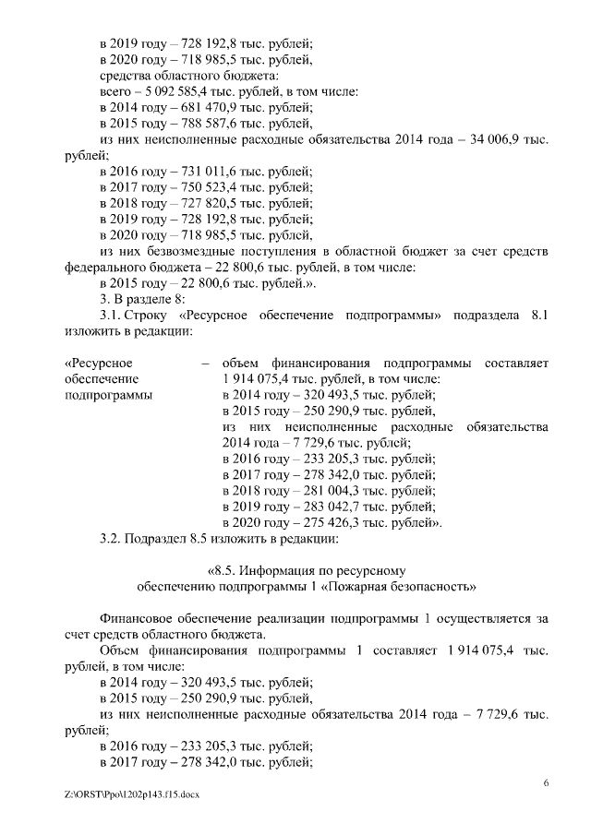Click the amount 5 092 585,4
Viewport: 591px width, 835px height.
coord(181,91)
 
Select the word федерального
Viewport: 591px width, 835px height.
coord(107,268)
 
